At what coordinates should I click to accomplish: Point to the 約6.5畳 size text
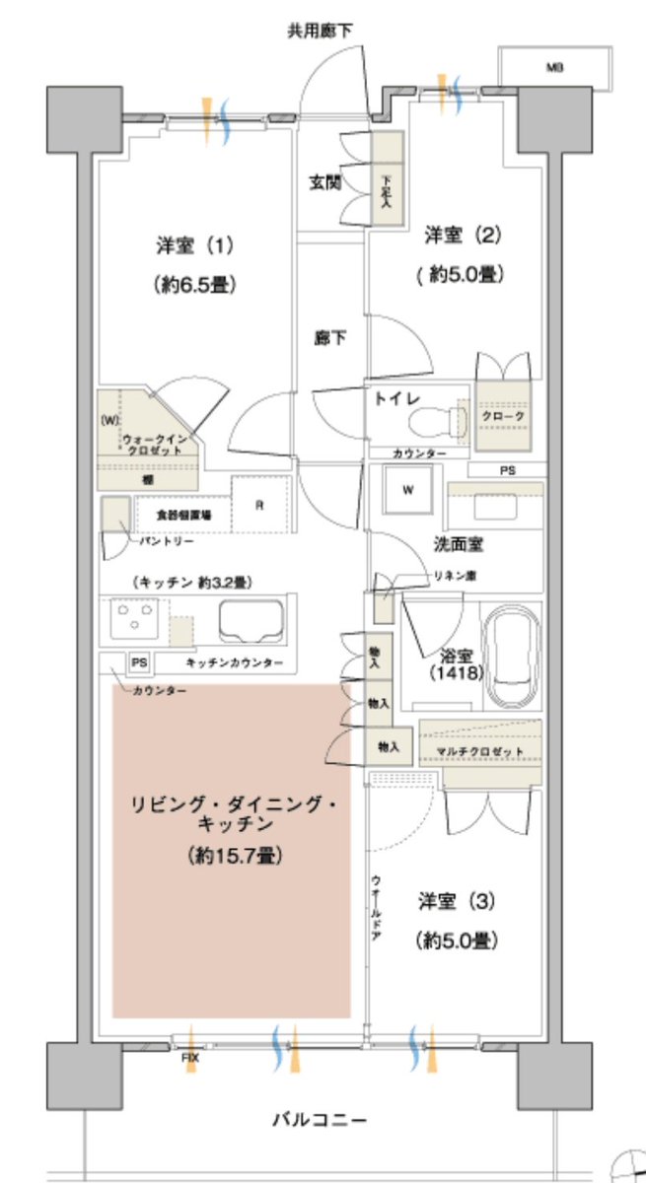[x=194, y=285]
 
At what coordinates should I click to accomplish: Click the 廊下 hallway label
[x=330, y=338]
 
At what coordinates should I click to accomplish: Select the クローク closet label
[x=503, y=417]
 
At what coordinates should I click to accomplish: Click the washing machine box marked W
[x=407, y=488]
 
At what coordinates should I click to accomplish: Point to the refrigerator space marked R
[x=259, y=506]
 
